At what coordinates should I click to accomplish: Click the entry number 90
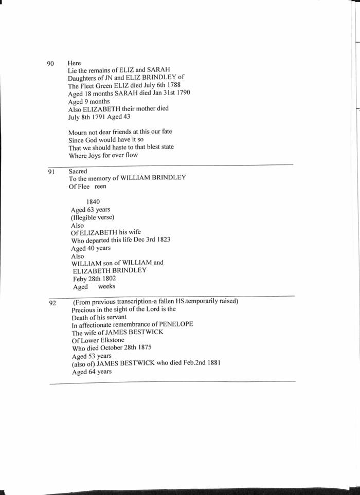(x=50, y=64)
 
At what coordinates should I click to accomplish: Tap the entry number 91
(x=51, y=172)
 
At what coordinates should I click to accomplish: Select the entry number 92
(x=52, y=303)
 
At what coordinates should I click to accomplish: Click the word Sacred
(x=78, y=171)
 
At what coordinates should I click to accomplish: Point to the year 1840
(x=93, y=202)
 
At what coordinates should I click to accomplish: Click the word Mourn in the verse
(x=78, y=132)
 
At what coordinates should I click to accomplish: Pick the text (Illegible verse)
(x=93, y=217)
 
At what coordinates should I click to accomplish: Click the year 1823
(x=160, y=240)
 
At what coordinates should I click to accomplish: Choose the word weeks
(x=106, y=286)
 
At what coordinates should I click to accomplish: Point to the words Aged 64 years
(x=92, y=371)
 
